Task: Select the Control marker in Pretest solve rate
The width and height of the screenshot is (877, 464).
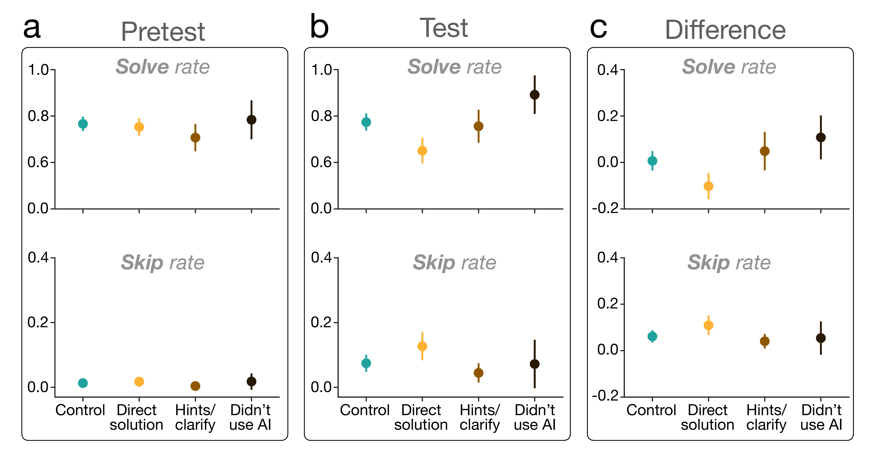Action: coord(83,124)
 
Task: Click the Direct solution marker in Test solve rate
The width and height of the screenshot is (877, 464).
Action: coord(422,151)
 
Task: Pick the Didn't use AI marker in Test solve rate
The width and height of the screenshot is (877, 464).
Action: coord(534,95)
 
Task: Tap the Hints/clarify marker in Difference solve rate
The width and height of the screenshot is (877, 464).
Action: coord(765,151)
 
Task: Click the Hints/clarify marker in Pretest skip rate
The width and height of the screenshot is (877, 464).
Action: coord(195,386)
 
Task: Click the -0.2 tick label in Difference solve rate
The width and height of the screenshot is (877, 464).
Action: coord(605,208)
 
